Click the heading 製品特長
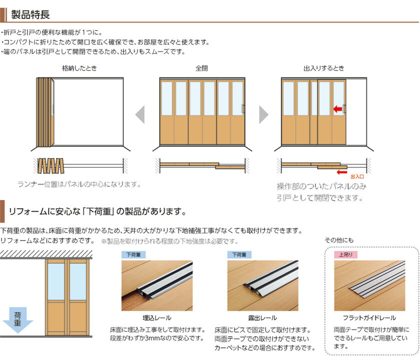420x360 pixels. pyautogui.click(x=30, y=11)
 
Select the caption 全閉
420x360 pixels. pyautogui.click(x=201, y=68)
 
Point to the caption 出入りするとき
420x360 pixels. pyautogui.click(x=323, y=68)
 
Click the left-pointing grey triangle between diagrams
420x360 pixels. pyautogui.click(x=140, y=114)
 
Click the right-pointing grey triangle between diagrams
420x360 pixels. pyautogui.click(x=263, y=114)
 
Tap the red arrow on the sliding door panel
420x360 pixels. pyautogui.click(x=338, y=108)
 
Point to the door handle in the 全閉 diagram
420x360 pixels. pyautogui.click(x=242, y=109)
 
